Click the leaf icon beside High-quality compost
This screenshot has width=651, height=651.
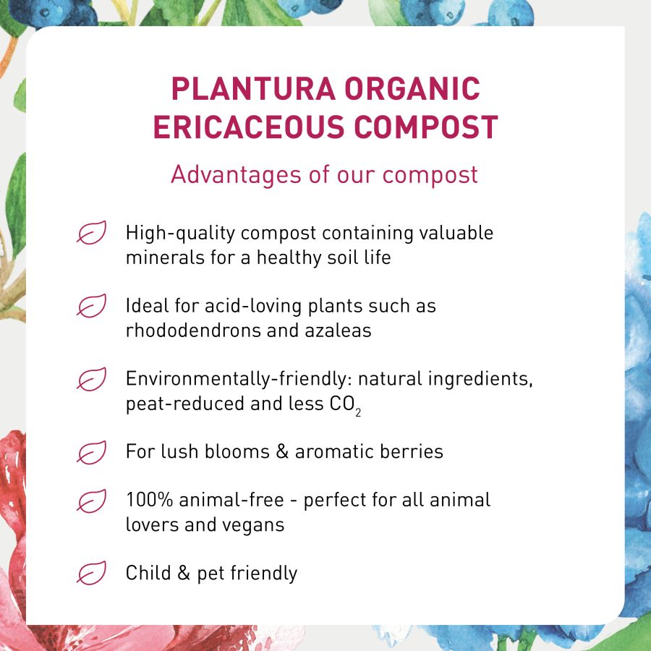(x=92, y=233)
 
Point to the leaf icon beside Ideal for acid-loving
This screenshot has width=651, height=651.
(x=92, y=305)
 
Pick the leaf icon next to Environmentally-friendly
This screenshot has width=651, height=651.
(x=92, y=378)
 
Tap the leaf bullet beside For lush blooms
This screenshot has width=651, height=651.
(x=92, y=452)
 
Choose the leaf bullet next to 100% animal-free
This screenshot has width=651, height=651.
(x=92, y=501)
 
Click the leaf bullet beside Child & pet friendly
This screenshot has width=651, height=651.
(x=92, y=573)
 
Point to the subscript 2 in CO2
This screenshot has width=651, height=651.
(x=358, y=412)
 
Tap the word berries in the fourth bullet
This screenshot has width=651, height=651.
(x=411, y=452)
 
